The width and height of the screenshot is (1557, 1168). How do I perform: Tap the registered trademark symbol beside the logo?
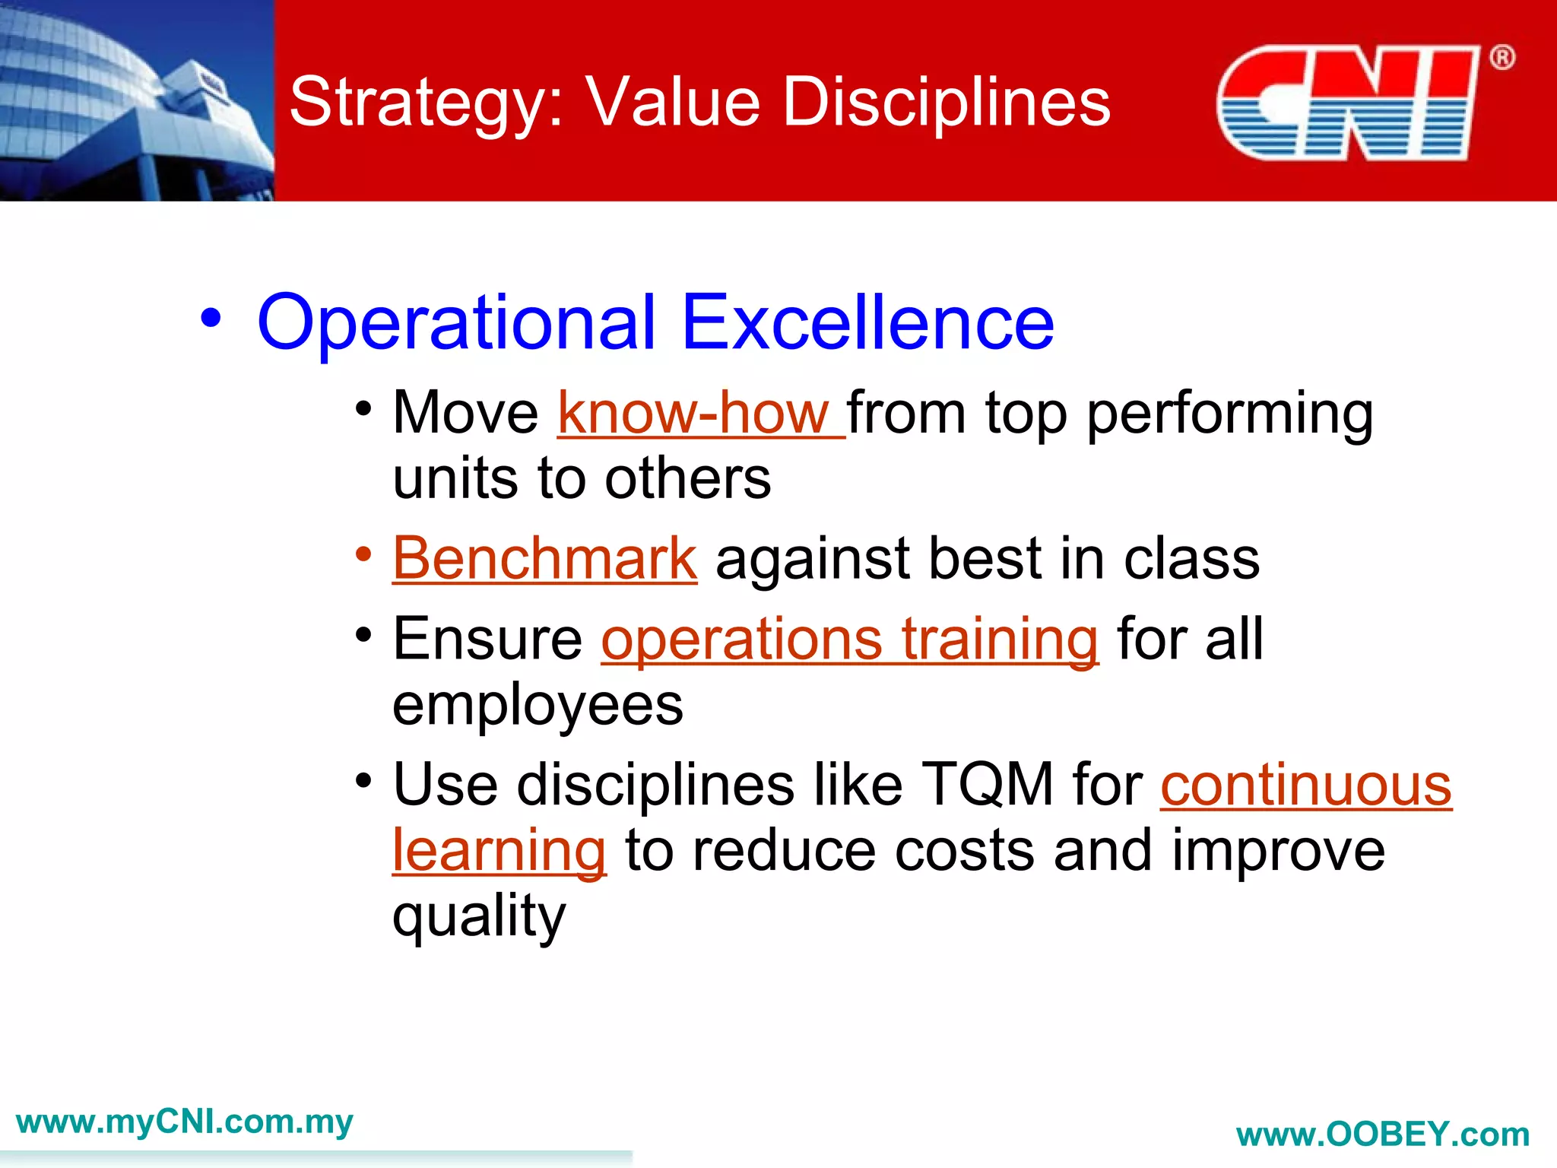pyautogui.click(x=1502, y=58)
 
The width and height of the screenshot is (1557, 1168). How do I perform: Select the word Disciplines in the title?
pyautogui.click(x=946, y=103)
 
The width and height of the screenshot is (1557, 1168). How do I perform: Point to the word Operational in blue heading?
pyautogui.click(x=456, y=323)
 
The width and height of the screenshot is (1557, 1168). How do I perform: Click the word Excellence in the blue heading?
pyautogui.click(x=867, y=323)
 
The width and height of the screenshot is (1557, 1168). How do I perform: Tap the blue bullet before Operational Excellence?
pyautogui.click(x=211, y=319)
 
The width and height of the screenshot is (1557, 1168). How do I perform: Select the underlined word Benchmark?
pyautogui.click(x=544, y=559)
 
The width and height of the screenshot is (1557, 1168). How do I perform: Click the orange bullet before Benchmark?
pyautogui.click(x=364, y=554)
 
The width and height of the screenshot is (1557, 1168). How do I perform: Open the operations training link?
pyautogui.click(x=849, y=640)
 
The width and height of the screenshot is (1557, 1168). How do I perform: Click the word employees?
pyautogui.click(x=537, y=706)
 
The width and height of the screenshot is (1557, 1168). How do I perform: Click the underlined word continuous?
pyautogui.click(x=1305, y=785)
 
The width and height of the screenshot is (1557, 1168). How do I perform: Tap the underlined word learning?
pyautogui.click(x=499, y=851)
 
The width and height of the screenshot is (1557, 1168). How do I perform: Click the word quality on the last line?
pyautogui.click(x=479, y=916)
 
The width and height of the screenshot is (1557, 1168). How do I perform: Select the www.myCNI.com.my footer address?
pyautogui.click(x=184, y=1122)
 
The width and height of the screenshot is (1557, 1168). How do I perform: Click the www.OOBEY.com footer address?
pyautogui.click(x=1382, y=1135)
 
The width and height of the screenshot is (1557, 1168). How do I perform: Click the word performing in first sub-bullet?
pyautogui.click(x=1229, y=414)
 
